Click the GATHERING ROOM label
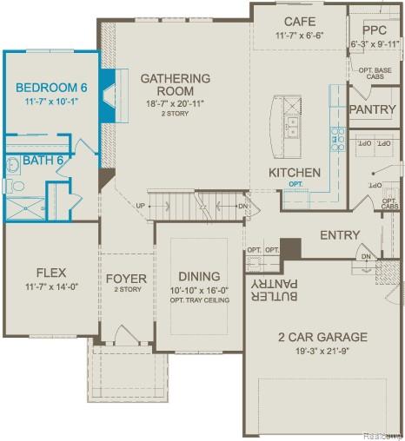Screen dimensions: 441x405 175,84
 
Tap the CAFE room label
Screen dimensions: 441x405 299,21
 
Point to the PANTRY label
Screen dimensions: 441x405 372,110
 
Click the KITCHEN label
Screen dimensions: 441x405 294,173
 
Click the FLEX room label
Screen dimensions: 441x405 50,273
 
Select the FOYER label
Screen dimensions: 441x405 126,279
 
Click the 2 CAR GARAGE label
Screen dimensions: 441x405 322,337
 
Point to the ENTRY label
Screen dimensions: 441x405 340,235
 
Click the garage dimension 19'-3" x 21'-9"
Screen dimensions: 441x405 322,352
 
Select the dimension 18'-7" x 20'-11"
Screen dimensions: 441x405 175,104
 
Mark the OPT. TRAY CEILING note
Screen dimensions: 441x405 198,300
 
